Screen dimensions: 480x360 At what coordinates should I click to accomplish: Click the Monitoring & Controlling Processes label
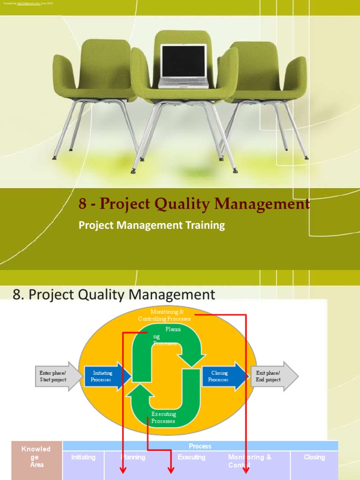165,315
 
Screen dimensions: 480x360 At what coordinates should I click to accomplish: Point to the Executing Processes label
163,418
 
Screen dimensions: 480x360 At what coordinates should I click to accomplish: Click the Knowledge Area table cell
37,457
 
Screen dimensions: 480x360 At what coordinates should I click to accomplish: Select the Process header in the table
200,446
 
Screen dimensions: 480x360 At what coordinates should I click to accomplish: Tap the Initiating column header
83,457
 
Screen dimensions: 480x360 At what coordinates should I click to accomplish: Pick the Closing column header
314,457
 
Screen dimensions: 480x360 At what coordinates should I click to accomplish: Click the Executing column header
191,457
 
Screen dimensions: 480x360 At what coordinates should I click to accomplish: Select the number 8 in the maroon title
83,204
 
